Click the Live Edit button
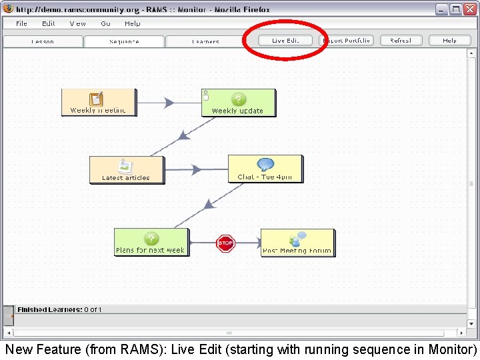click(285, 41)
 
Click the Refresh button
click(401, 41)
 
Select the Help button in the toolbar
click(450, 41)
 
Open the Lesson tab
click(43, 42)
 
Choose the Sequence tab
click(124, 42)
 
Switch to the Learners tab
click(205, 42)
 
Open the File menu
click(22, 23)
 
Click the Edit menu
click(49, 23)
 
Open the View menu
click(78, 23)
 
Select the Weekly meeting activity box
click(99, 103)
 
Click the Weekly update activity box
click(238, 103)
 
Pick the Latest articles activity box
click(126, 170)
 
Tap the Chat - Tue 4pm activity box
click(265, 169)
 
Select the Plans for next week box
click(151, 242)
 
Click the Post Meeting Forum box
click(297, 243)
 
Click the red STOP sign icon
click(226, 243)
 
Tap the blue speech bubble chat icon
click(265, 165)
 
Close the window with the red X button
click(469, 9)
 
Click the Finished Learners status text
click(59, 309)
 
